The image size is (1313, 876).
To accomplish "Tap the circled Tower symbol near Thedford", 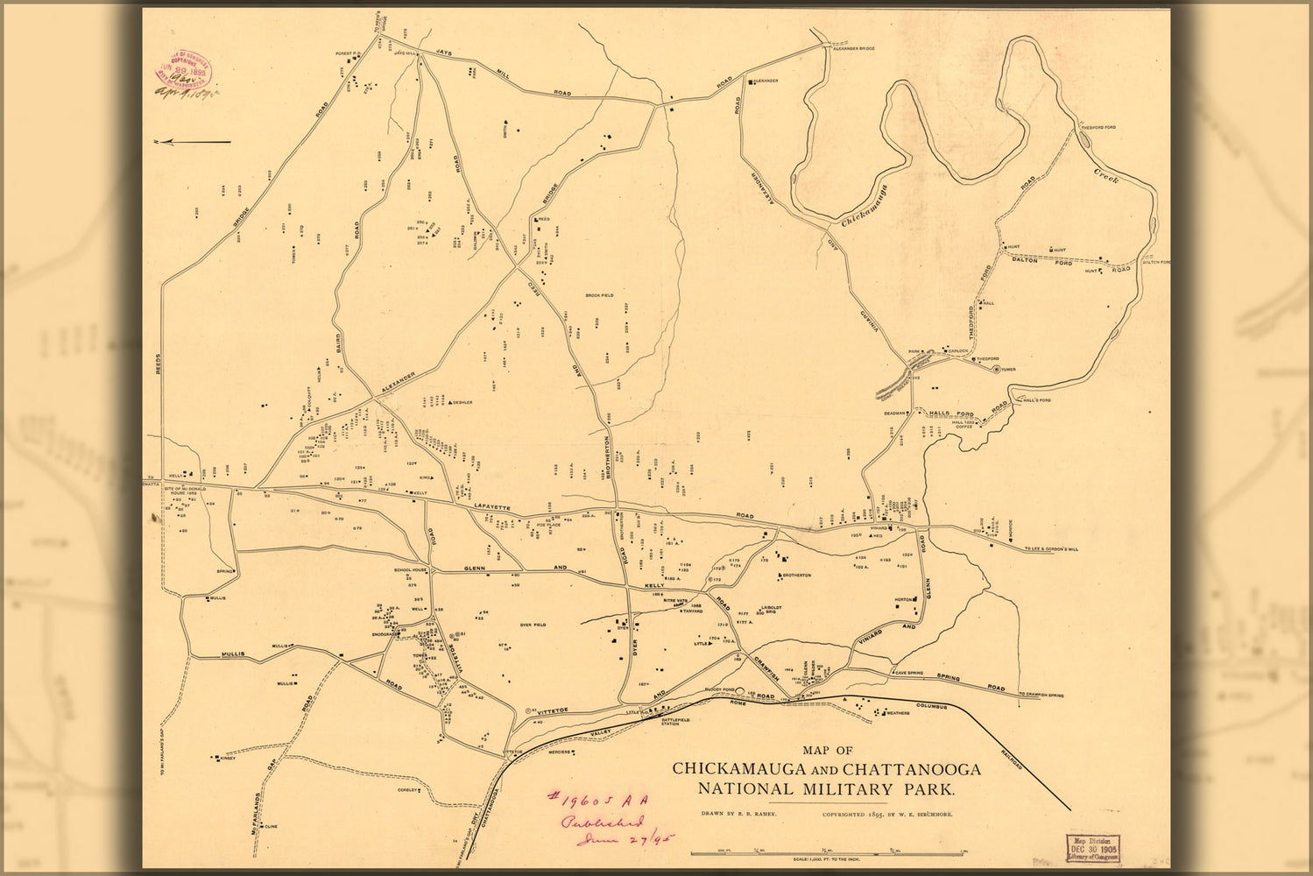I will pyautogui.click(x=996, y=369).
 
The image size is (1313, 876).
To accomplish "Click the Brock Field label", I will pyautogui.click(x=600, y=295).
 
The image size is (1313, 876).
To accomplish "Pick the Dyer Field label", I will pyautogui.click(x=533, y=625).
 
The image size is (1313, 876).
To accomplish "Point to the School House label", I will pyautogui.click(x=411, y=569).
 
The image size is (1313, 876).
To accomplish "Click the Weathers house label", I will pyautogui.click(x=898, y=713).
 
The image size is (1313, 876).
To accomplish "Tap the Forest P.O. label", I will pyautogui.click(x=347, y=53).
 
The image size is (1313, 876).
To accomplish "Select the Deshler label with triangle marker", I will pyautogui.click(x=462, y=403).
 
